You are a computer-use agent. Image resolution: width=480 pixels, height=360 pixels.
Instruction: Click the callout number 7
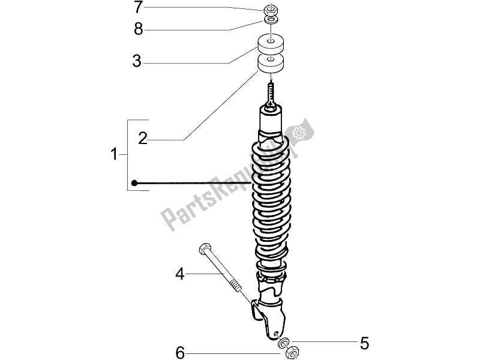click(139, 8)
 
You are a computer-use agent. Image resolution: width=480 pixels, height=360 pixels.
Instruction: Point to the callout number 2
click(142, 139)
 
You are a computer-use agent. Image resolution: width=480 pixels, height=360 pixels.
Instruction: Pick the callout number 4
click(179, 274)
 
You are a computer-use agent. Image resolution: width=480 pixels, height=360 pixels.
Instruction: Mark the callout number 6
click(179, 351)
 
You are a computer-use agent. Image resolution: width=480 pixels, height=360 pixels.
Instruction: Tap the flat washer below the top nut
click(271, 20)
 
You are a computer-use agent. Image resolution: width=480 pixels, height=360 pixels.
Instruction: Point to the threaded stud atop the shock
click(271, 93)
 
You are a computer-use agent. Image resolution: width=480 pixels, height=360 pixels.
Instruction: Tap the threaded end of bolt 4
click(235, 282)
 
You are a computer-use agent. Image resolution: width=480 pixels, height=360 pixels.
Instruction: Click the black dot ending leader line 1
click(136, 182)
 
